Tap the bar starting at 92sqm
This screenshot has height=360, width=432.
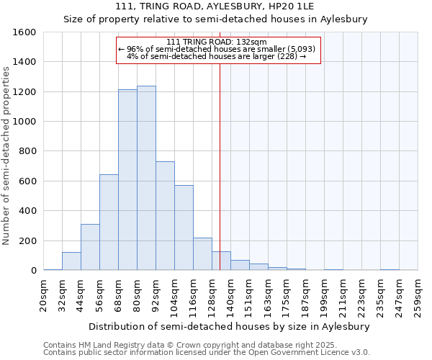click(165, 216)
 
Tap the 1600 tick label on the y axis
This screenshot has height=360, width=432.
click(24, 32)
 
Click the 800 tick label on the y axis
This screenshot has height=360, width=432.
click(27, 151)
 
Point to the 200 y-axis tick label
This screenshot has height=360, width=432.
click(27, 240)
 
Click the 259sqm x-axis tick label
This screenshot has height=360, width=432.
click(418, 297)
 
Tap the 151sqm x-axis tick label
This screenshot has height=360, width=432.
click(249, 297)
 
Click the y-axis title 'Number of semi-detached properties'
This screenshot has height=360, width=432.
click(7, 155)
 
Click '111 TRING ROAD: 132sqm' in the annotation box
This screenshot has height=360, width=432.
click(216, 42)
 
